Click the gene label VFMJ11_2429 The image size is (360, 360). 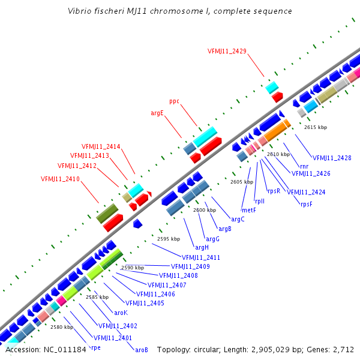pyautogui.click(x=227, y=51)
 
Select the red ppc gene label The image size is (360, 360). pyautogui.click(x=174, y=101)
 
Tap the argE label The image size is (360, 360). pyautogui.click(x=157, y=112)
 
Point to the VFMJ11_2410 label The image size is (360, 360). pyautogui.click(x=60, y=179)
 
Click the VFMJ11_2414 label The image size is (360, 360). pyautogui.click(x=101, y=146)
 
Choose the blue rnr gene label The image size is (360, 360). pyautogui.click(x=304, y=166)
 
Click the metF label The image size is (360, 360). pyautogui.click(x=248, y=210)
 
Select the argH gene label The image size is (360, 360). pyautogui.click(x=202, y=247)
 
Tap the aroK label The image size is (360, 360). pyautogui.click(x=121, y=313)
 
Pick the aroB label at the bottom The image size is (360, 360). pyautogui.click(x=142, y=350)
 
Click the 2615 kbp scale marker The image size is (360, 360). pyautogui.click(x=316, y=127)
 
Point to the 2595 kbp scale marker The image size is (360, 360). pyautogui.click(x=169, y=239)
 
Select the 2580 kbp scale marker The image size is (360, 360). pyautogui.click(x=61, y=327)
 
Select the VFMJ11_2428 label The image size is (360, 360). pyautogui.click(x=332, y=158)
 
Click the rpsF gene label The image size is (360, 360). pyautogui.click(x=307, y=204)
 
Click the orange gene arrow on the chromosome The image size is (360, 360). pyautogui.click(x=277, y=131)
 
